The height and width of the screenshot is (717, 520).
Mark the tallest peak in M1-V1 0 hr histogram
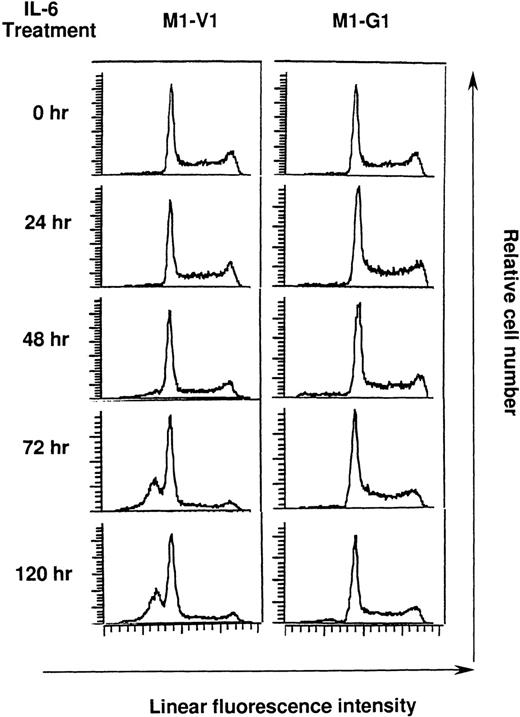tap(171, 87)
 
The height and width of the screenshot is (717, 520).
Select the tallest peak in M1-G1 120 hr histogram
tap(355, 540)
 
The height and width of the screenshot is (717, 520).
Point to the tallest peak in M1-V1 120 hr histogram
tap(171, 535)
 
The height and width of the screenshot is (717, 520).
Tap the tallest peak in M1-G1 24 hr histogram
tap(357, 189)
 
